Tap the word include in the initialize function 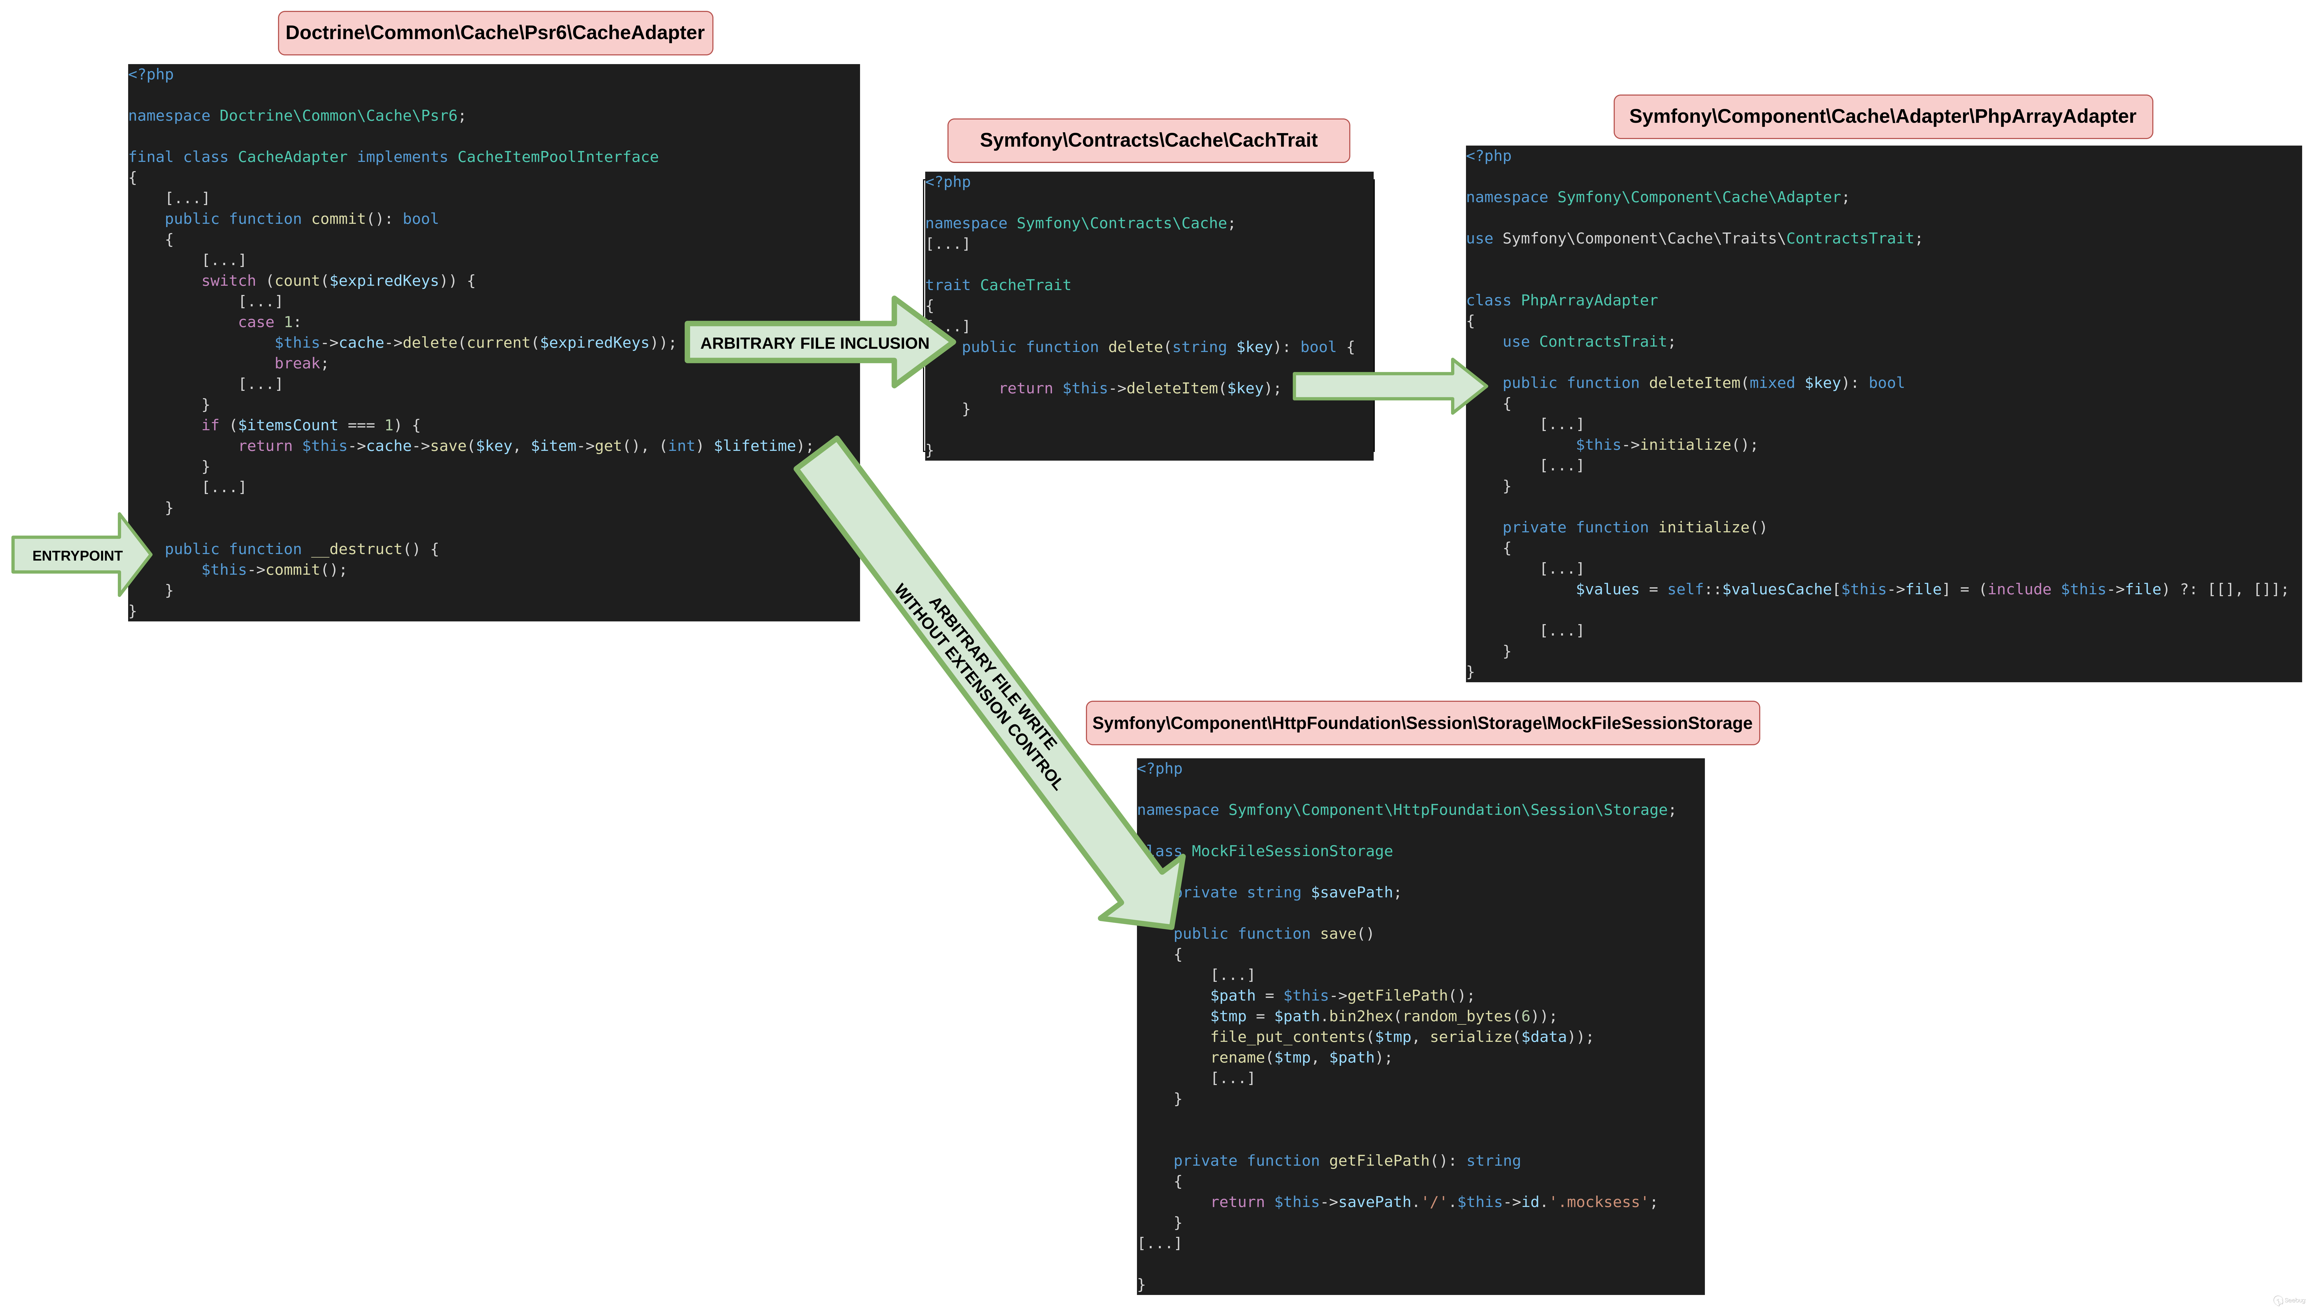(x=2018, y=589)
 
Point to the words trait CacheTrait (x=998, y=285)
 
